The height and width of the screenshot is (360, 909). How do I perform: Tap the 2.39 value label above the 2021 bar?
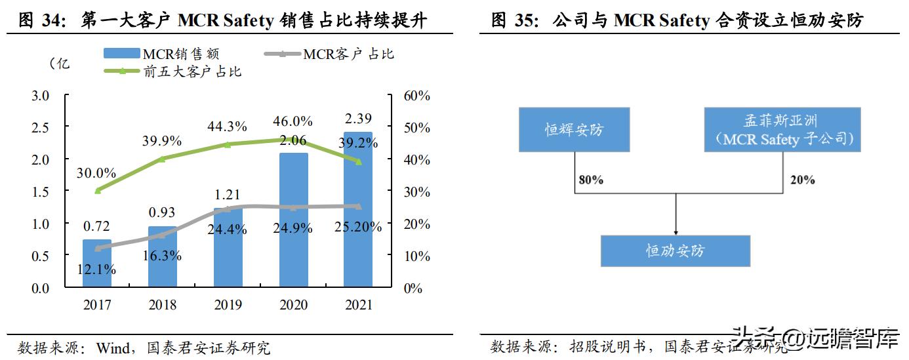tap(358, 119)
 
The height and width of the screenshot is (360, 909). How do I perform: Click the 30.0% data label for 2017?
tap(97, 173)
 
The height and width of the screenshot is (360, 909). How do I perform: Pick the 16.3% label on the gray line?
tap(162, 256)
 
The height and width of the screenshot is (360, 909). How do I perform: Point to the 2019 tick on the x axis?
tap(228, 305)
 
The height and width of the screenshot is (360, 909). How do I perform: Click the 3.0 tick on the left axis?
tap(41, 96)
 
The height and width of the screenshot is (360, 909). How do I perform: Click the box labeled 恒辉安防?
tap(574, 130)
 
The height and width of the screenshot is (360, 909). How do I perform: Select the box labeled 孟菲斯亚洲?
tap(782, 130)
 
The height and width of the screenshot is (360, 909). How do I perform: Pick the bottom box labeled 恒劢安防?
tap(675, 250)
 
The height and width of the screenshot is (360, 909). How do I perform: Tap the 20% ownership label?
tap(802, 179)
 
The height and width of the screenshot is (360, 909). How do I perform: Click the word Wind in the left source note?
tap(112, 347)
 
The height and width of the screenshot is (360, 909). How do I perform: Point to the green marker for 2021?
tap(358, 161)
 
